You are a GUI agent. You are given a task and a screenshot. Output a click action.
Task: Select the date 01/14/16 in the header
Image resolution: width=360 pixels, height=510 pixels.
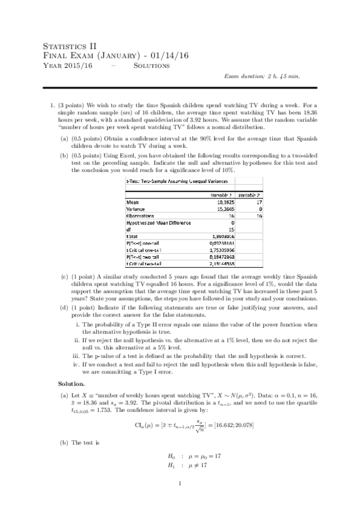[171, 55]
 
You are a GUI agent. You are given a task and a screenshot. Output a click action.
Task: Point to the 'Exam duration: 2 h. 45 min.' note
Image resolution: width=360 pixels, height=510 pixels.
[262, 76]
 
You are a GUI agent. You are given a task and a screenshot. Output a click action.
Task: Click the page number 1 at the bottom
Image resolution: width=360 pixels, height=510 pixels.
[180, 484]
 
